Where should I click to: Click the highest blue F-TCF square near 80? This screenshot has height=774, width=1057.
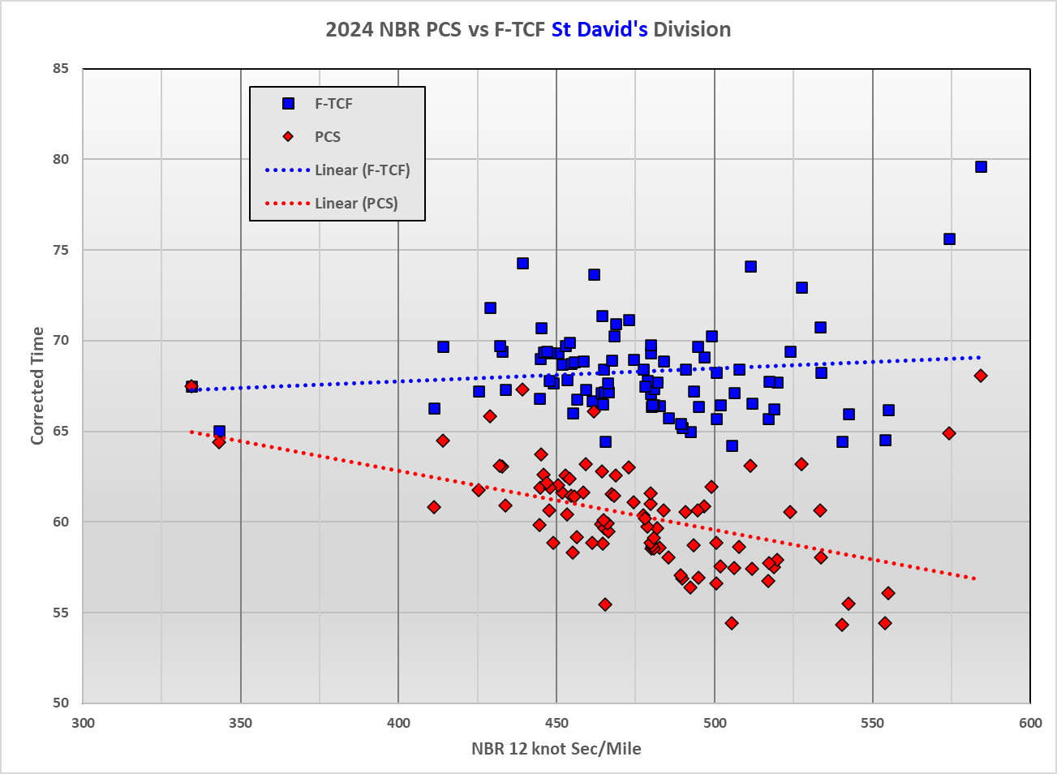(981, 167)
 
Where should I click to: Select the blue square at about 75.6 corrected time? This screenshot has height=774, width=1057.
(949, 239)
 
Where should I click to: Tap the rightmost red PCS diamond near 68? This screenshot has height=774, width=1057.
(981, 376)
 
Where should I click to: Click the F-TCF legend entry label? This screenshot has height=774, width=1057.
(333, 104)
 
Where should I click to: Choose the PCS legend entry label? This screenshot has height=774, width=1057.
(328, 137)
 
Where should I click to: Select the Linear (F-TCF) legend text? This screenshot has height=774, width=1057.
(363, 170)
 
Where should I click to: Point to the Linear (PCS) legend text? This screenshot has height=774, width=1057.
(356, 204)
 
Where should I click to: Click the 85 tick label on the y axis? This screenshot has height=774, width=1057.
(60, 69)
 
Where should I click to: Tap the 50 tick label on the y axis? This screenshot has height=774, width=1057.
(60, 703)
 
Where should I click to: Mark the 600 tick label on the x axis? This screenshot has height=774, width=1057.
(1030, 724)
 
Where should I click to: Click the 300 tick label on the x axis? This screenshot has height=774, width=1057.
(83, 724)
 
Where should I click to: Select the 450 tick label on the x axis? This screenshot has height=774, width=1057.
(556, 724)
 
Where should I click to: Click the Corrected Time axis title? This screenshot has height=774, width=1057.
(37, 386)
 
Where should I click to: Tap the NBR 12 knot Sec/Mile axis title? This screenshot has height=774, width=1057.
(556, 749)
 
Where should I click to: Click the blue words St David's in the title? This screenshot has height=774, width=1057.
(599, 30)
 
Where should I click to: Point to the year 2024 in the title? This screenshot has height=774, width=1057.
(350, 30)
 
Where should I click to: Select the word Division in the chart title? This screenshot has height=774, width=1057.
(692, 30)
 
